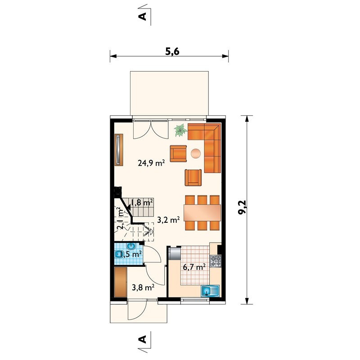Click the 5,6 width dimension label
(x=172, y=52)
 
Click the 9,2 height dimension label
(x=242, y=207)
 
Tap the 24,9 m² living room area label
(x=151, y=163)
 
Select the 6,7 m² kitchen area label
(x=194, y=267)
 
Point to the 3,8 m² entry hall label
(x=143, y=287)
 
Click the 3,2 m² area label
(x=168, y=220)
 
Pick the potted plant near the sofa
(x=180, y=130)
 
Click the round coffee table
(x=196, y=153)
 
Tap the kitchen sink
(x=210, y=291)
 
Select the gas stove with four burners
(x=216, y=261)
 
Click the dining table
(x=202, y=213)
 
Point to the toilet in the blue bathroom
(x=118, y=254)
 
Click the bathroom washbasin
(x=131, y=246)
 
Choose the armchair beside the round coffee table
(x=178, y=153)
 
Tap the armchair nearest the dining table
(x=193, y=177)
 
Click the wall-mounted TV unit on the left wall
(x=119, y=150)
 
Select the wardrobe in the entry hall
(x=121, y=282)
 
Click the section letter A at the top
(x=143, y=17)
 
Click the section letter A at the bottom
(x=143, y=339)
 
